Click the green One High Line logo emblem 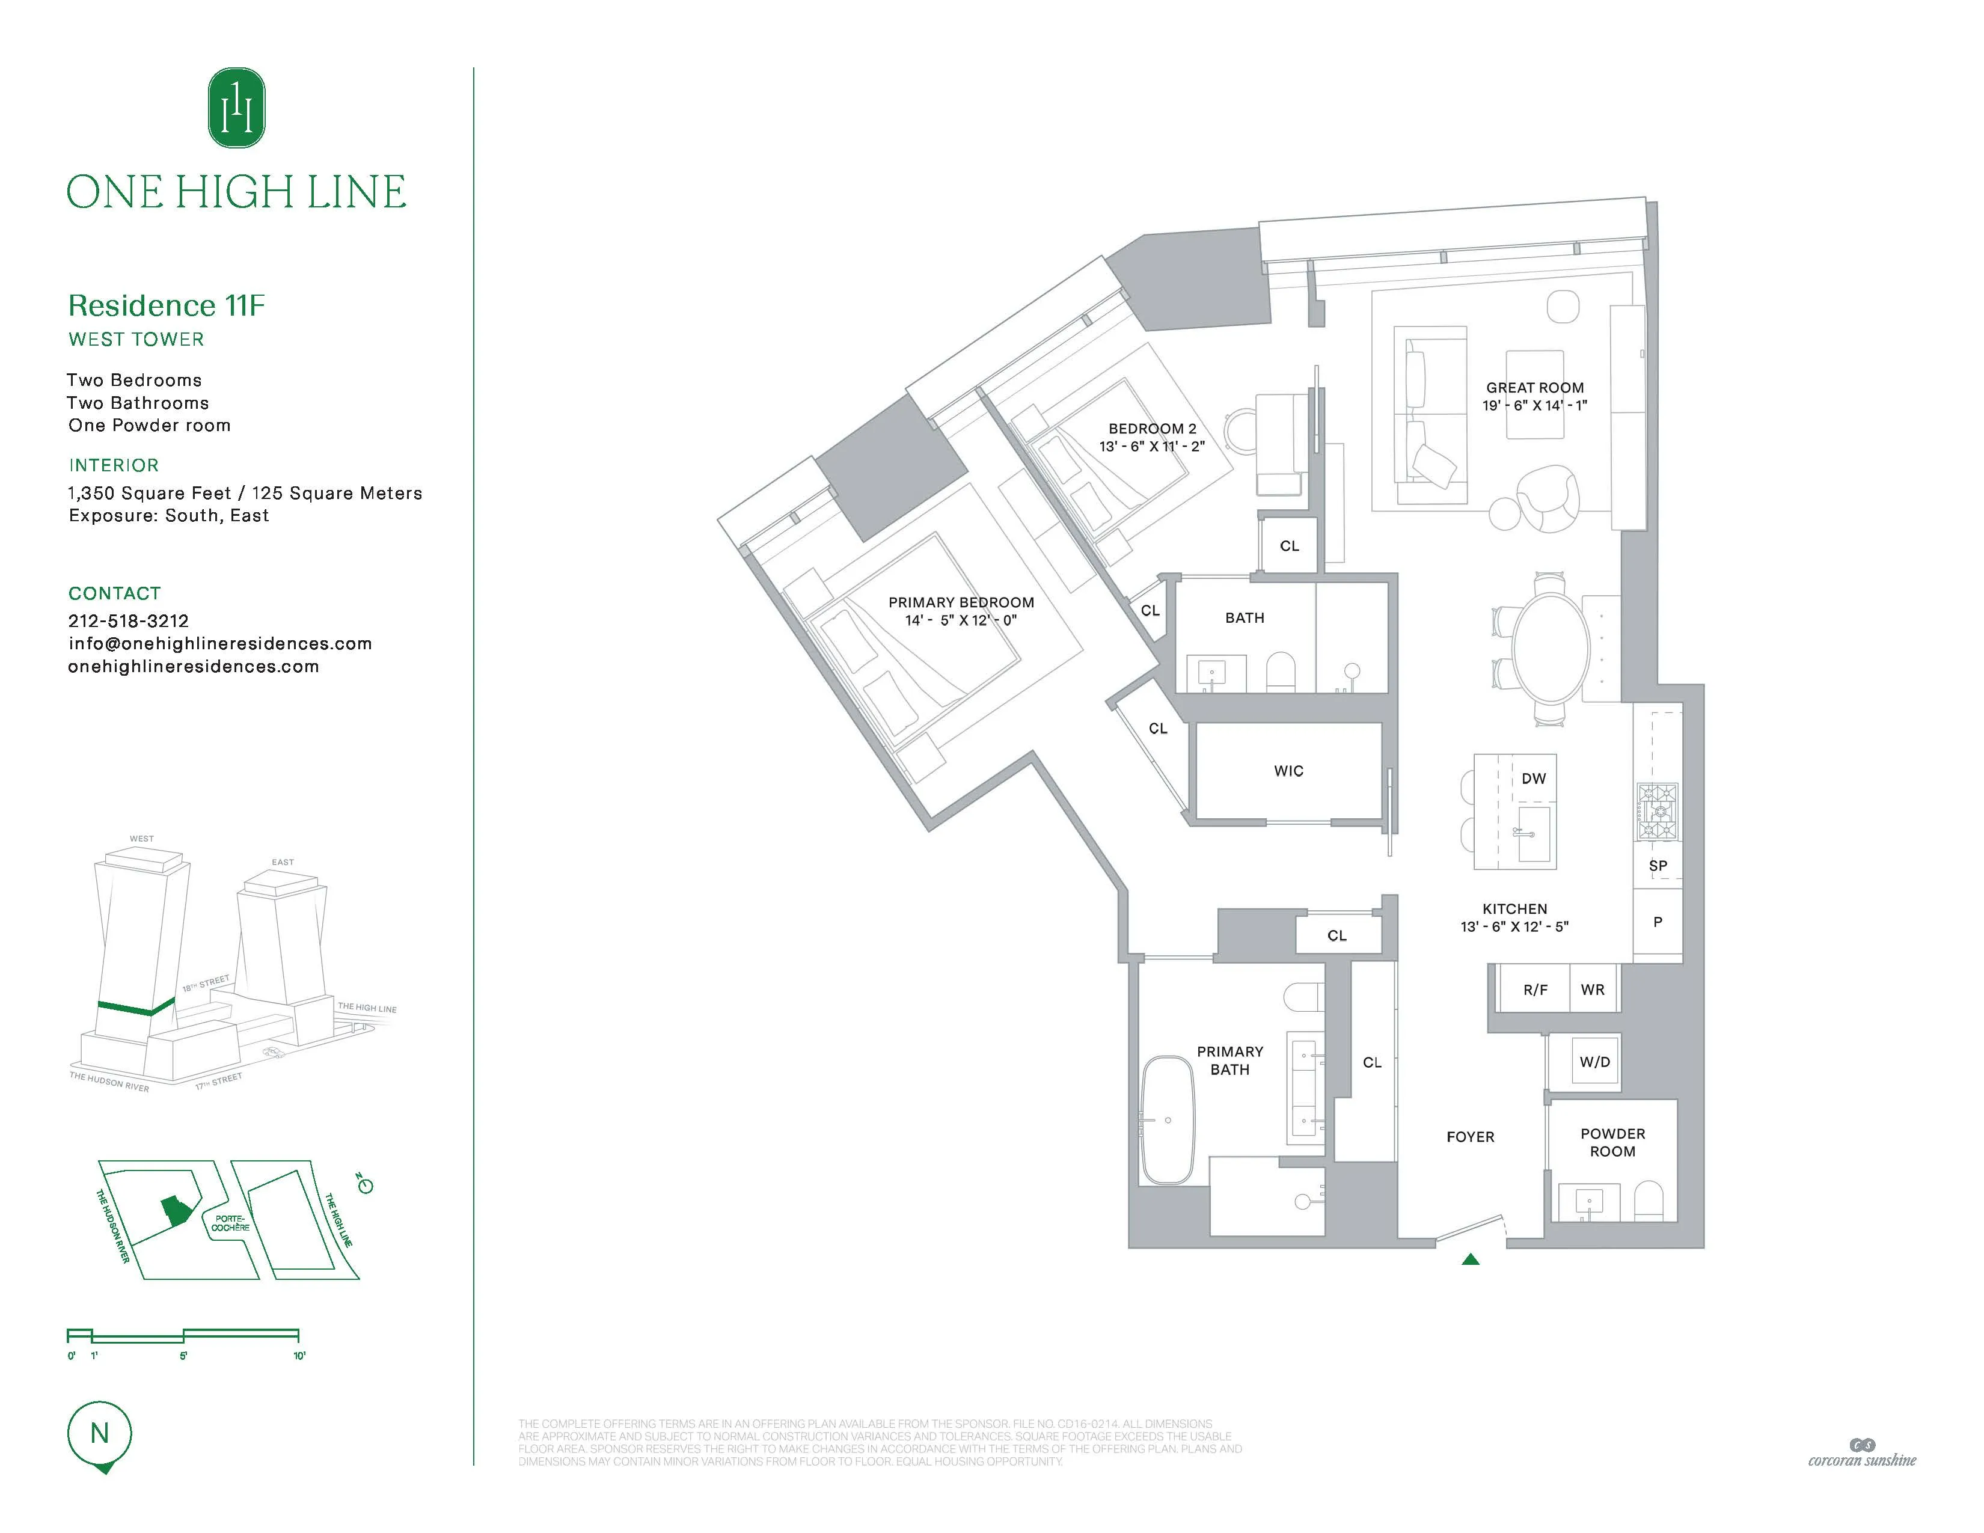coord(236,108)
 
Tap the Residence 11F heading coord(167,306)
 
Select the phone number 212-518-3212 coord(128,621)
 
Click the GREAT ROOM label coord(1534,388)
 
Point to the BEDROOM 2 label coord(1152,429)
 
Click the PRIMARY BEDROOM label coord(960,603)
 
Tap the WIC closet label coord(1288,771)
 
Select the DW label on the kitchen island coord(1534,779)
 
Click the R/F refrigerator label coord(1535,990)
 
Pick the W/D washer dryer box coord(1594,1062)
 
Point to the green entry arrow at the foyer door coord(1471,1259)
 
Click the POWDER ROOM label coord(1612,1142)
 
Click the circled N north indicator coord(100,1434)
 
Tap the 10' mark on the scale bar coord(299,1356)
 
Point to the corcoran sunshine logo coord(1861,1453)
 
